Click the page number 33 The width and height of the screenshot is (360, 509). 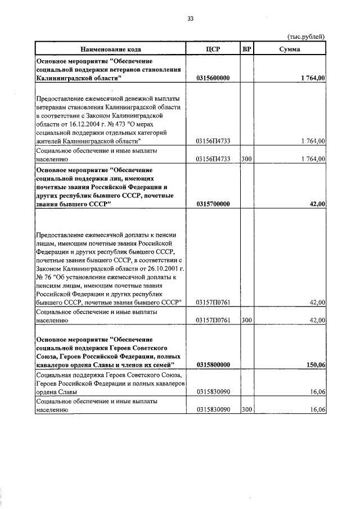pos(190,19)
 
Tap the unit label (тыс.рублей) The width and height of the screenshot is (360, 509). pos(305,37)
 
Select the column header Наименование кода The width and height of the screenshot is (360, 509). pos(110,49)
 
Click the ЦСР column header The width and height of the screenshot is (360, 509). pos(213,49)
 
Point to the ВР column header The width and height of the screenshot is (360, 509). pos(246,49)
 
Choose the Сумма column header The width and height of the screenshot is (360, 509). pos(289,49)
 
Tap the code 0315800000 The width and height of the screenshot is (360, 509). pos(218,365)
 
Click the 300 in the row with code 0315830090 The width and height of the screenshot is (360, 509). pos(246,411)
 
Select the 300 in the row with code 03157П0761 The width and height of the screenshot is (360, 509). pos(246,320)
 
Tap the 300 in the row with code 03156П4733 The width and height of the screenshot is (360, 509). pos(246,159)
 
